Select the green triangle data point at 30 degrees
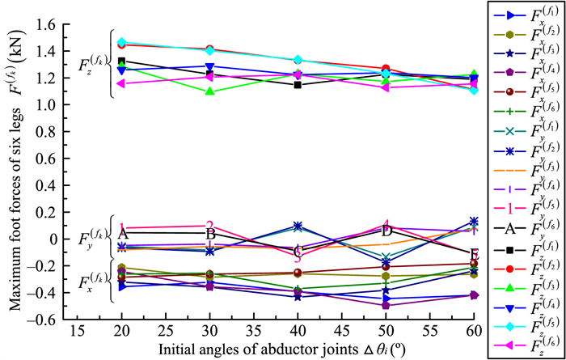click(x=210, y=91)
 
